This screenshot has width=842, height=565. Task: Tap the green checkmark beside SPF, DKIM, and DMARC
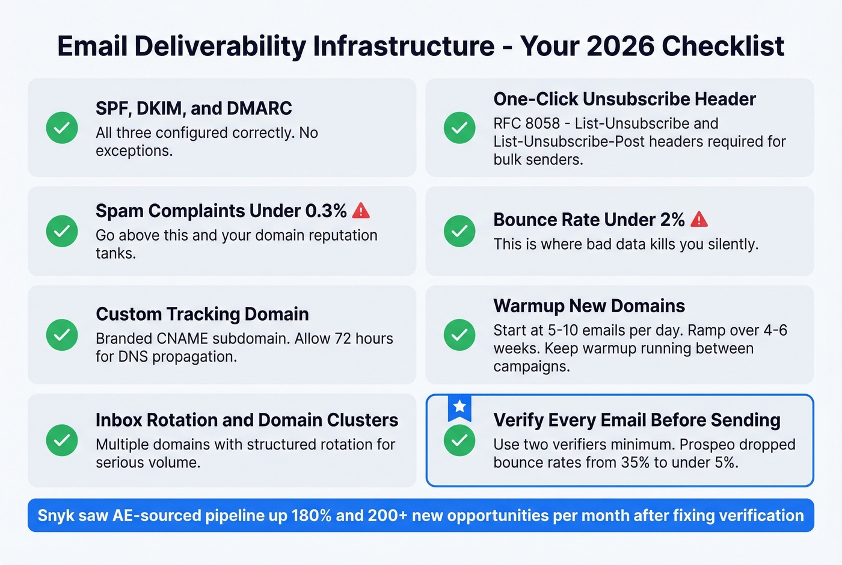coord(62,128)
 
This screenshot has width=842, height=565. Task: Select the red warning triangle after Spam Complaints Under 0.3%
coord(361,211)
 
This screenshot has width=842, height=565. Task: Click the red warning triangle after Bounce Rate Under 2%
coord(699,220)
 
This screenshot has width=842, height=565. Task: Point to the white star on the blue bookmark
coord(459,407)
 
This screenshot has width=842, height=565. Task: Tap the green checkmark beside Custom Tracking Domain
coord(62,335)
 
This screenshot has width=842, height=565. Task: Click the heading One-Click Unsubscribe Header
coord(624,99)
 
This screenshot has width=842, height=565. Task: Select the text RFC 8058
coord(526,123)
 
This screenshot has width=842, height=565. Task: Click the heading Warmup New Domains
coord(589,306)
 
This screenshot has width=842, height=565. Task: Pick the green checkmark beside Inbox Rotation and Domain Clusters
coord(62,440)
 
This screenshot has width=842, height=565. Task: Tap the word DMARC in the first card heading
coord(259,108)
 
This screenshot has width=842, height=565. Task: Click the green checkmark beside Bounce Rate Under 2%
coord(459,231)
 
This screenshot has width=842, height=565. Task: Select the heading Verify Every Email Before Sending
coord(636,420)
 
